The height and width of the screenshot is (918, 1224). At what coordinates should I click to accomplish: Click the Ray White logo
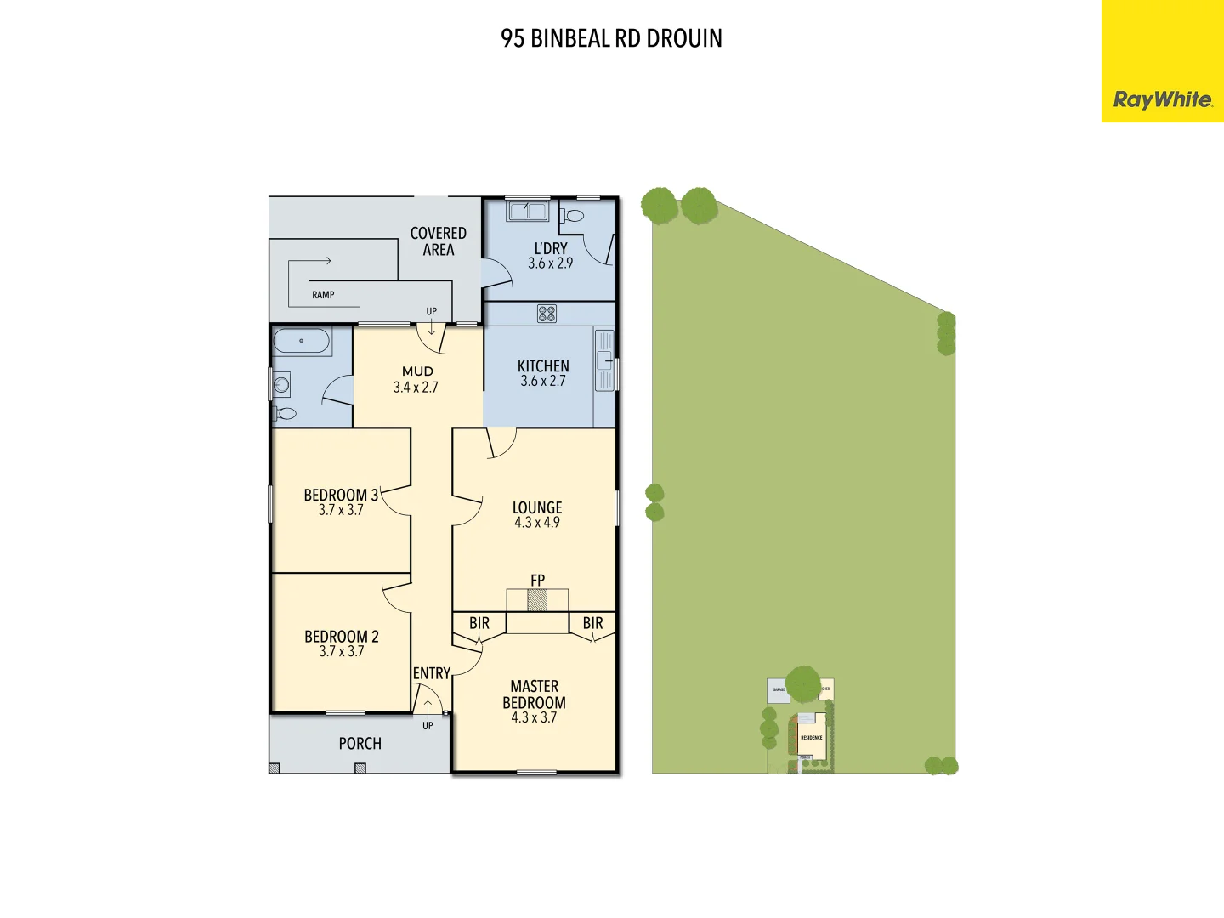(x=1162, y=99)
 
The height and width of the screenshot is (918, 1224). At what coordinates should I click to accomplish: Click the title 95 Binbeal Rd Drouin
(x=611, y=38)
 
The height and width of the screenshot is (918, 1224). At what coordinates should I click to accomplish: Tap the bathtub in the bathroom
(x=301, y=341)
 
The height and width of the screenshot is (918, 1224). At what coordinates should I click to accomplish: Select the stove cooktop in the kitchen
(x=547, y=314)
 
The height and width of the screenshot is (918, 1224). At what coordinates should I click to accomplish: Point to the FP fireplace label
(x=537, y=580)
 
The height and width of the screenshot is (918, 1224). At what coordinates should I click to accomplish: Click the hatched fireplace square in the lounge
(x=537, y=601)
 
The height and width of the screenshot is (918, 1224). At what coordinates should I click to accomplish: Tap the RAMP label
(x=323, y=295)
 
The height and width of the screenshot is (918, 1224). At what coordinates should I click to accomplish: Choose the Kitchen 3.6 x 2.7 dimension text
(x=543, y=382)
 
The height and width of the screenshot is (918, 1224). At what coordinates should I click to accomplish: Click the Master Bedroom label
(x=534, y=694)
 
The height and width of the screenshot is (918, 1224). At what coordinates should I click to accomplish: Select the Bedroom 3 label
(x=341, y=495)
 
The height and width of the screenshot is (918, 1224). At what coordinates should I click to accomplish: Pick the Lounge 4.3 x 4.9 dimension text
(x=537, y=523)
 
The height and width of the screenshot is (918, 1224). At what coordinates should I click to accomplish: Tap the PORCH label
(x=360, y=744)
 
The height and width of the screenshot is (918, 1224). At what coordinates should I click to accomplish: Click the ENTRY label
(x=432, y=673)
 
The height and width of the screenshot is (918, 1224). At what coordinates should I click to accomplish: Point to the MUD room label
(x=417, y=371)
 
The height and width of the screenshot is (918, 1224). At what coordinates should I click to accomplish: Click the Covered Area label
(x=439, y=241)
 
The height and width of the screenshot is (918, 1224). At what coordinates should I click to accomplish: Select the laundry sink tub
(x=527, y=210)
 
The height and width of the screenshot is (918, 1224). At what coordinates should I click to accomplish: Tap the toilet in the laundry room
(x=573, y=216)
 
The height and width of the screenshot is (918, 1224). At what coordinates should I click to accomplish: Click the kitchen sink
(x=604, y=360)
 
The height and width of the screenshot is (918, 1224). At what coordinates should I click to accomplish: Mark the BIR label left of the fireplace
(x=479, y=623)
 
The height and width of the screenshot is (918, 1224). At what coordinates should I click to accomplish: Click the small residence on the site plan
(x=812, y=736)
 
